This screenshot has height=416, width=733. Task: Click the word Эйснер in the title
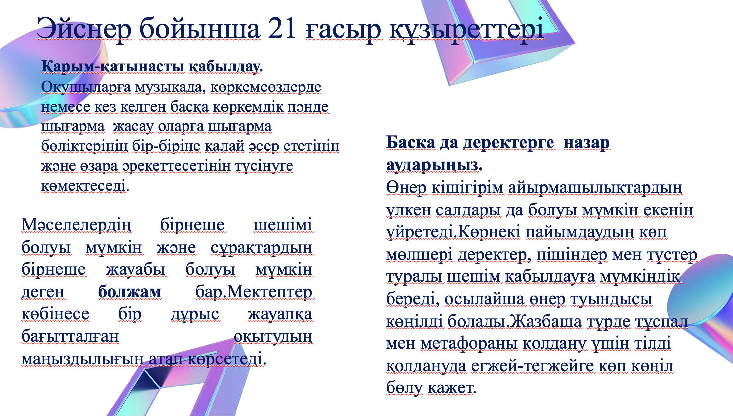(84, 29)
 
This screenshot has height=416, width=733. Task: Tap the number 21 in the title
(282, 28)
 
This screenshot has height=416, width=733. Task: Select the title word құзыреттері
(466, 30)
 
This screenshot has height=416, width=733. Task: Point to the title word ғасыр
(343, 30)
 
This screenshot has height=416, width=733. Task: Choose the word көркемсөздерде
(266, 87)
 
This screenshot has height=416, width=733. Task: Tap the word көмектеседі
(85, 186)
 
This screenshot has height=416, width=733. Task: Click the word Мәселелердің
(76, 225)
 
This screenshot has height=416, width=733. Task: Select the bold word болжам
(130, 292)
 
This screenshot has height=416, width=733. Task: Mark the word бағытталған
(70, 337)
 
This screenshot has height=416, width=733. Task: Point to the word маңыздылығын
(82, 359)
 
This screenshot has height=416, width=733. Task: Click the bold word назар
(587, 143)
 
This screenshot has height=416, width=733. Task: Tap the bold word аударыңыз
(434, 165)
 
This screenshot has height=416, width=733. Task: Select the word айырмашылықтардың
(595, 188)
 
